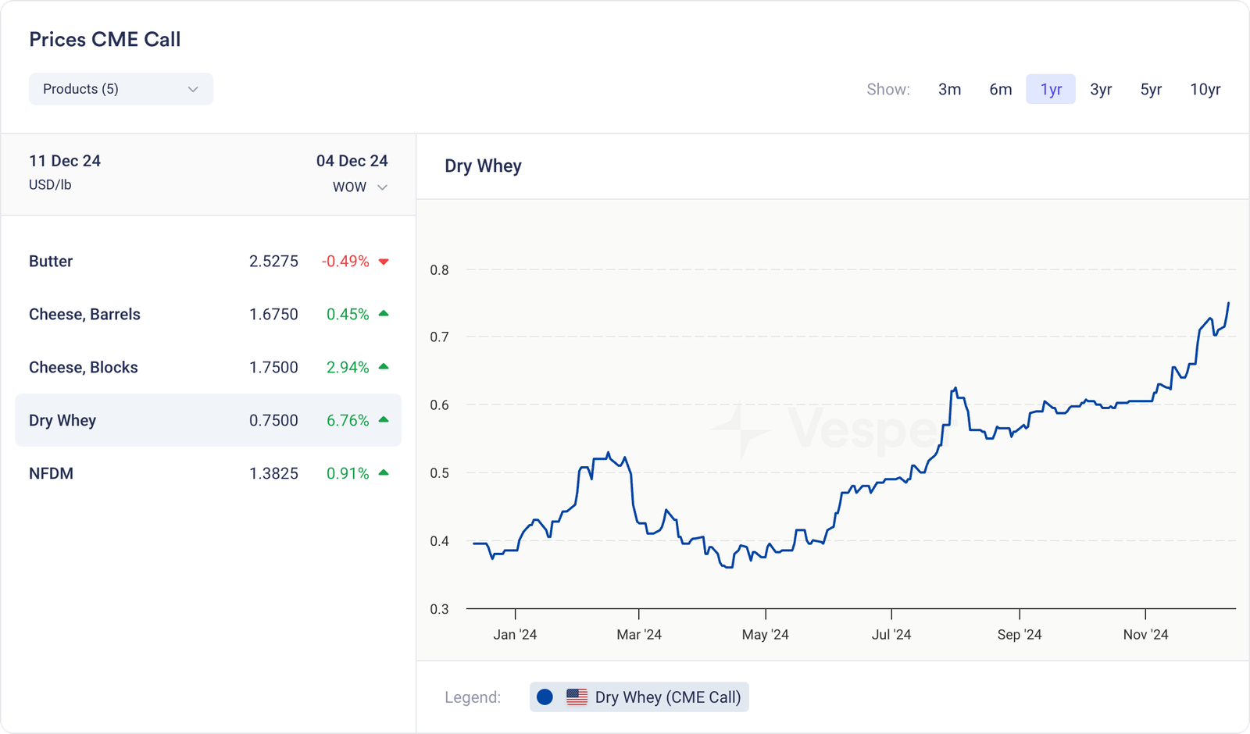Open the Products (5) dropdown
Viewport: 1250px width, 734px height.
pyautogui.click(x=120, y=89)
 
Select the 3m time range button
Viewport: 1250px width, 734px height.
pyautogui.click(x=949, y=89)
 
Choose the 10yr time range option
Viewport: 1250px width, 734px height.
pyautogui.click(x=1205, y=89)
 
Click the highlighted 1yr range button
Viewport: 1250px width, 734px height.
pyautogui.click(x=1051, y=89)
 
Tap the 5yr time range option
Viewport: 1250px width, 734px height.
pyautogui.click(x=1151, y=89)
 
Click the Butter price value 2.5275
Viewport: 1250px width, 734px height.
pyautogui.click(x=273, y=262)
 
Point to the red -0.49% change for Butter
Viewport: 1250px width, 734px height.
pyautogui.click(x=345, y=262)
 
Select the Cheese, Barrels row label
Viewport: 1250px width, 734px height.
pyautogui.click(x=84, y=315)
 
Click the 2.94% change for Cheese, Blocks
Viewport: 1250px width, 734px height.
pyautogui.click(x=348, y=368)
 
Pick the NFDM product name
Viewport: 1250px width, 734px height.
pyautogui.click(x=51, y=474)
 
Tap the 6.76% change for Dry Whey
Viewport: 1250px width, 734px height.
pyautogui.click(x=348, y=421)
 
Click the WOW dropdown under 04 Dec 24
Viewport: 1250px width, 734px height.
pyautogui.click(x=359, y=187)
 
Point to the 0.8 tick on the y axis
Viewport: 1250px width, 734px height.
pyautogui.click(x=440, y=270)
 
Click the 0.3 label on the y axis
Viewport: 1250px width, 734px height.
pyautogui.click(x=440, y=609)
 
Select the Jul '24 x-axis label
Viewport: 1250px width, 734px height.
pyautogui.click(x=891, y=635)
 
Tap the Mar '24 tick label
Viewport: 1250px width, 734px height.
pyautogui.click(x=639, y=635)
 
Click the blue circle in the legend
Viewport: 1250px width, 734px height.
pyautogui.click(x=545, y=697)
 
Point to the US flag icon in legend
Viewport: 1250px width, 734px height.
pyautogui.click(x=577, y=697)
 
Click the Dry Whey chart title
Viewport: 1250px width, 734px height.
pyautogui.click(x=483, y=166)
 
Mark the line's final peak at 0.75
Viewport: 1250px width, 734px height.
pyautogui.click(x=1228, y=303)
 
